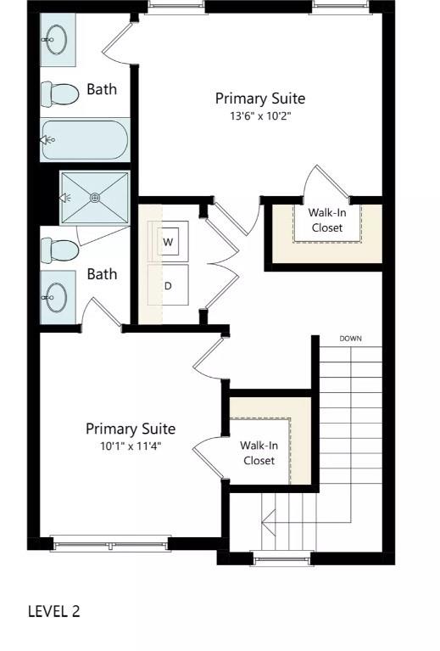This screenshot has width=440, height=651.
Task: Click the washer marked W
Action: pyautogui.click(x=168, y=242)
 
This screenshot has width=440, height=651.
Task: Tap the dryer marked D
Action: pyautogui.click(x=168, y=285)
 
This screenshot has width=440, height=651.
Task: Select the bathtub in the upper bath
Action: pyautogui.click(x=84, y=139)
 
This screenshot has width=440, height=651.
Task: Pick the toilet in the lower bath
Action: pyautogui.click(x=59, y=250)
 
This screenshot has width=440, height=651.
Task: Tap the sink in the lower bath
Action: pyautogui.click(x=57, y=296)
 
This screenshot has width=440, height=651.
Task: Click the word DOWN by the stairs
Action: pyautogui.click(x=351, y=339)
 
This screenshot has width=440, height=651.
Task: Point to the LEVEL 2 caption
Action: pyautogui.click(x=54, y=611)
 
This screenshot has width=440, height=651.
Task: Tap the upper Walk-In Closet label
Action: pyautogui.click(x=327, y=221)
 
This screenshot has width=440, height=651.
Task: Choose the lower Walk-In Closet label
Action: pyautogui.click(x=259, y=452)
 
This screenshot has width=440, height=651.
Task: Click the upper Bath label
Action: pyautogui.click(x=102, y=89)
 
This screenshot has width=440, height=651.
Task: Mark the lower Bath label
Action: pyautogui.click(x=102, y=274)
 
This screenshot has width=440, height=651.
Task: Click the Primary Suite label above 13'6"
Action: pyautogui.click(x=259, y=98)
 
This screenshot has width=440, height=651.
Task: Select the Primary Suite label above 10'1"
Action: pyautogui.click(x=131, y=429)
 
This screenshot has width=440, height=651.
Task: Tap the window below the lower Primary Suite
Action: pyautogui.click(x=110, y=543)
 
